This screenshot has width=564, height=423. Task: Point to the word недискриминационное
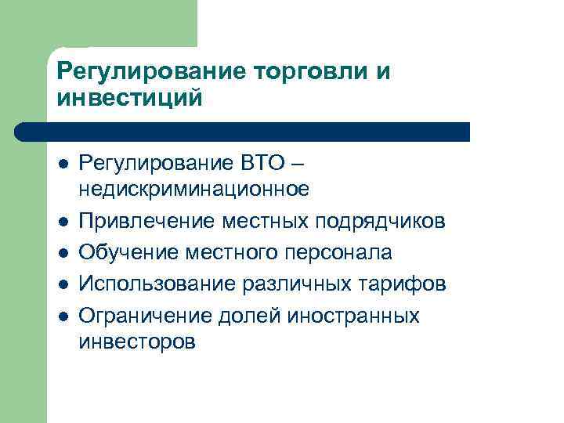(194, 189)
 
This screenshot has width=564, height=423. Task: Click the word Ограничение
(140, 315)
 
